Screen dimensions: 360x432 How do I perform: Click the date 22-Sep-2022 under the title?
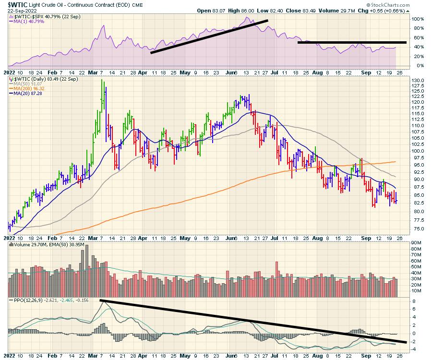tap(15, 11)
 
